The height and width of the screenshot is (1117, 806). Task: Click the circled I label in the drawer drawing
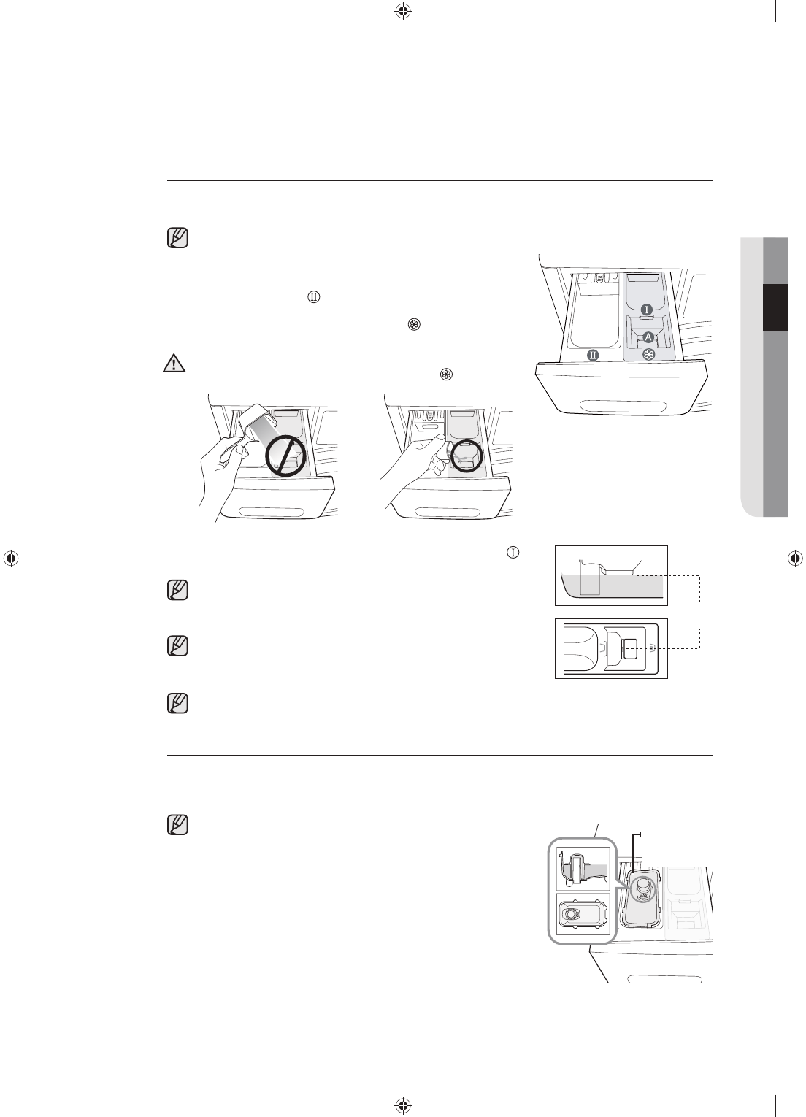[647, 310]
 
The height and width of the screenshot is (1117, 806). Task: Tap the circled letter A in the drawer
[648, 337]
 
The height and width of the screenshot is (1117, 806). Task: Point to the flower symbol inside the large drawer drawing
[649, 355]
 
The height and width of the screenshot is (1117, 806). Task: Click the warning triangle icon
[174, 364]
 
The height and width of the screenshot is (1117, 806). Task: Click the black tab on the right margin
[776, 307]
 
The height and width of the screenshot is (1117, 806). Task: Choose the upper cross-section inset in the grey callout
[583, 868]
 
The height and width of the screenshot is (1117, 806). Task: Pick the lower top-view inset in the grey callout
[583, 913]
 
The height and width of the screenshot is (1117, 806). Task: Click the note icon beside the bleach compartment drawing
[177, 824]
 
